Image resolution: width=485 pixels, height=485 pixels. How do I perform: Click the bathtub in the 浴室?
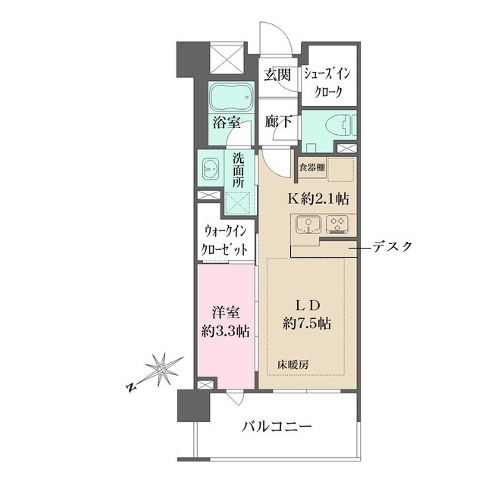[232, 97]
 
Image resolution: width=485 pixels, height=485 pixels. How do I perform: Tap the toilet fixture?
[340, 126]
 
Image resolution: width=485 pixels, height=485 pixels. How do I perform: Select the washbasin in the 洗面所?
[211, 170]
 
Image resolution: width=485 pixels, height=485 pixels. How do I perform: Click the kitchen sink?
[307, 224]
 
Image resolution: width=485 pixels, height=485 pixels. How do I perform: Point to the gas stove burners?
[338, 224]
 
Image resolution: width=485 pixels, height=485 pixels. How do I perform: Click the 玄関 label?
[277, 75]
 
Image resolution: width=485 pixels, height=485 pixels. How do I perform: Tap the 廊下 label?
[278, 122]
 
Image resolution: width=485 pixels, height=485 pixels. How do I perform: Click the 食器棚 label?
[311, 167]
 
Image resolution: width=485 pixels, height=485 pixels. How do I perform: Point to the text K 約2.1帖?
[318, 199]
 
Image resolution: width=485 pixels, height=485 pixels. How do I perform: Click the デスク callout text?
[393, 246]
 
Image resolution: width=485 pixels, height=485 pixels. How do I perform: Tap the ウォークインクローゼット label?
[225, 241]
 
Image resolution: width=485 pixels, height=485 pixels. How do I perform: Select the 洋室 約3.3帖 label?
[226, 322]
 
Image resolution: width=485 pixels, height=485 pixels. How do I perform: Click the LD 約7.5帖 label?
[306, 315]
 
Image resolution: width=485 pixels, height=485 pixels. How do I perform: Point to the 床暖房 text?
[293, 365]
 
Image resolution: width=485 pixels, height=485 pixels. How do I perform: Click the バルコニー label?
[277, 427]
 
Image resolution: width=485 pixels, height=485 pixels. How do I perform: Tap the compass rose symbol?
[161, 369]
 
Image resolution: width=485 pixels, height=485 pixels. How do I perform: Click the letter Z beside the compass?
[131, 387]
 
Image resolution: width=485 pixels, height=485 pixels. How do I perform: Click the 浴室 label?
[226, 123]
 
